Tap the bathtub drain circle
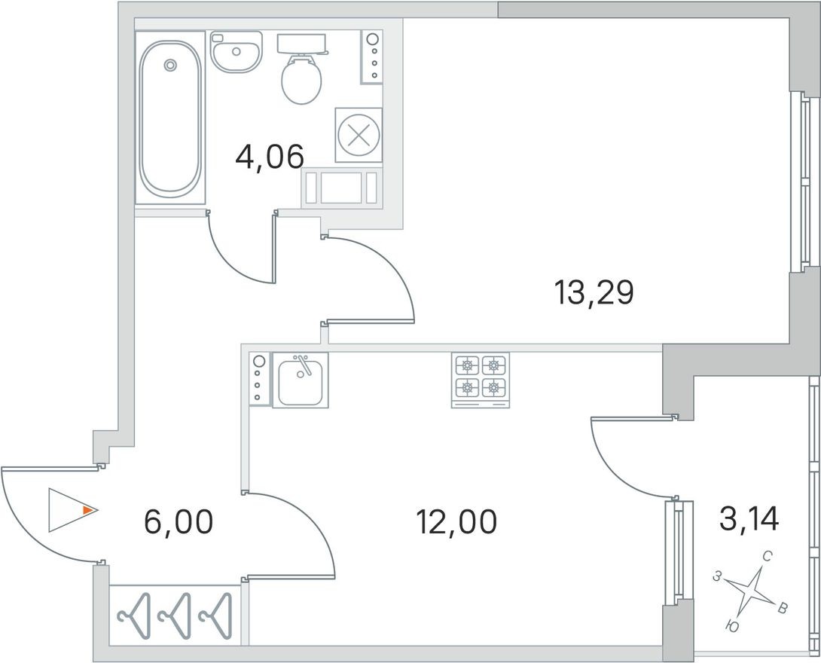[x=169, y=66]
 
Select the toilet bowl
[x=301, y=79]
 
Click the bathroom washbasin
[x=237, y=51]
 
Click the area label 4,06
[x=270, y=157]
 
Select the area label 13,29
[x=594, y=293]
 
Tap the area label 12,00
[x=456, y=522]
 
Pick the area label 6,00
[x=179, y=522]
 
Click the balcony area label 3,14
[x=749, y=519]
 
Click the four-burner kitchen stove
[x=480, y=380]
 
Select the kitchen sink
[x=300, y=380]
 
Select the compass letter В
[x=783, y=609]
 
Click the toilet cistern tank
[x=301, y=44]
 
